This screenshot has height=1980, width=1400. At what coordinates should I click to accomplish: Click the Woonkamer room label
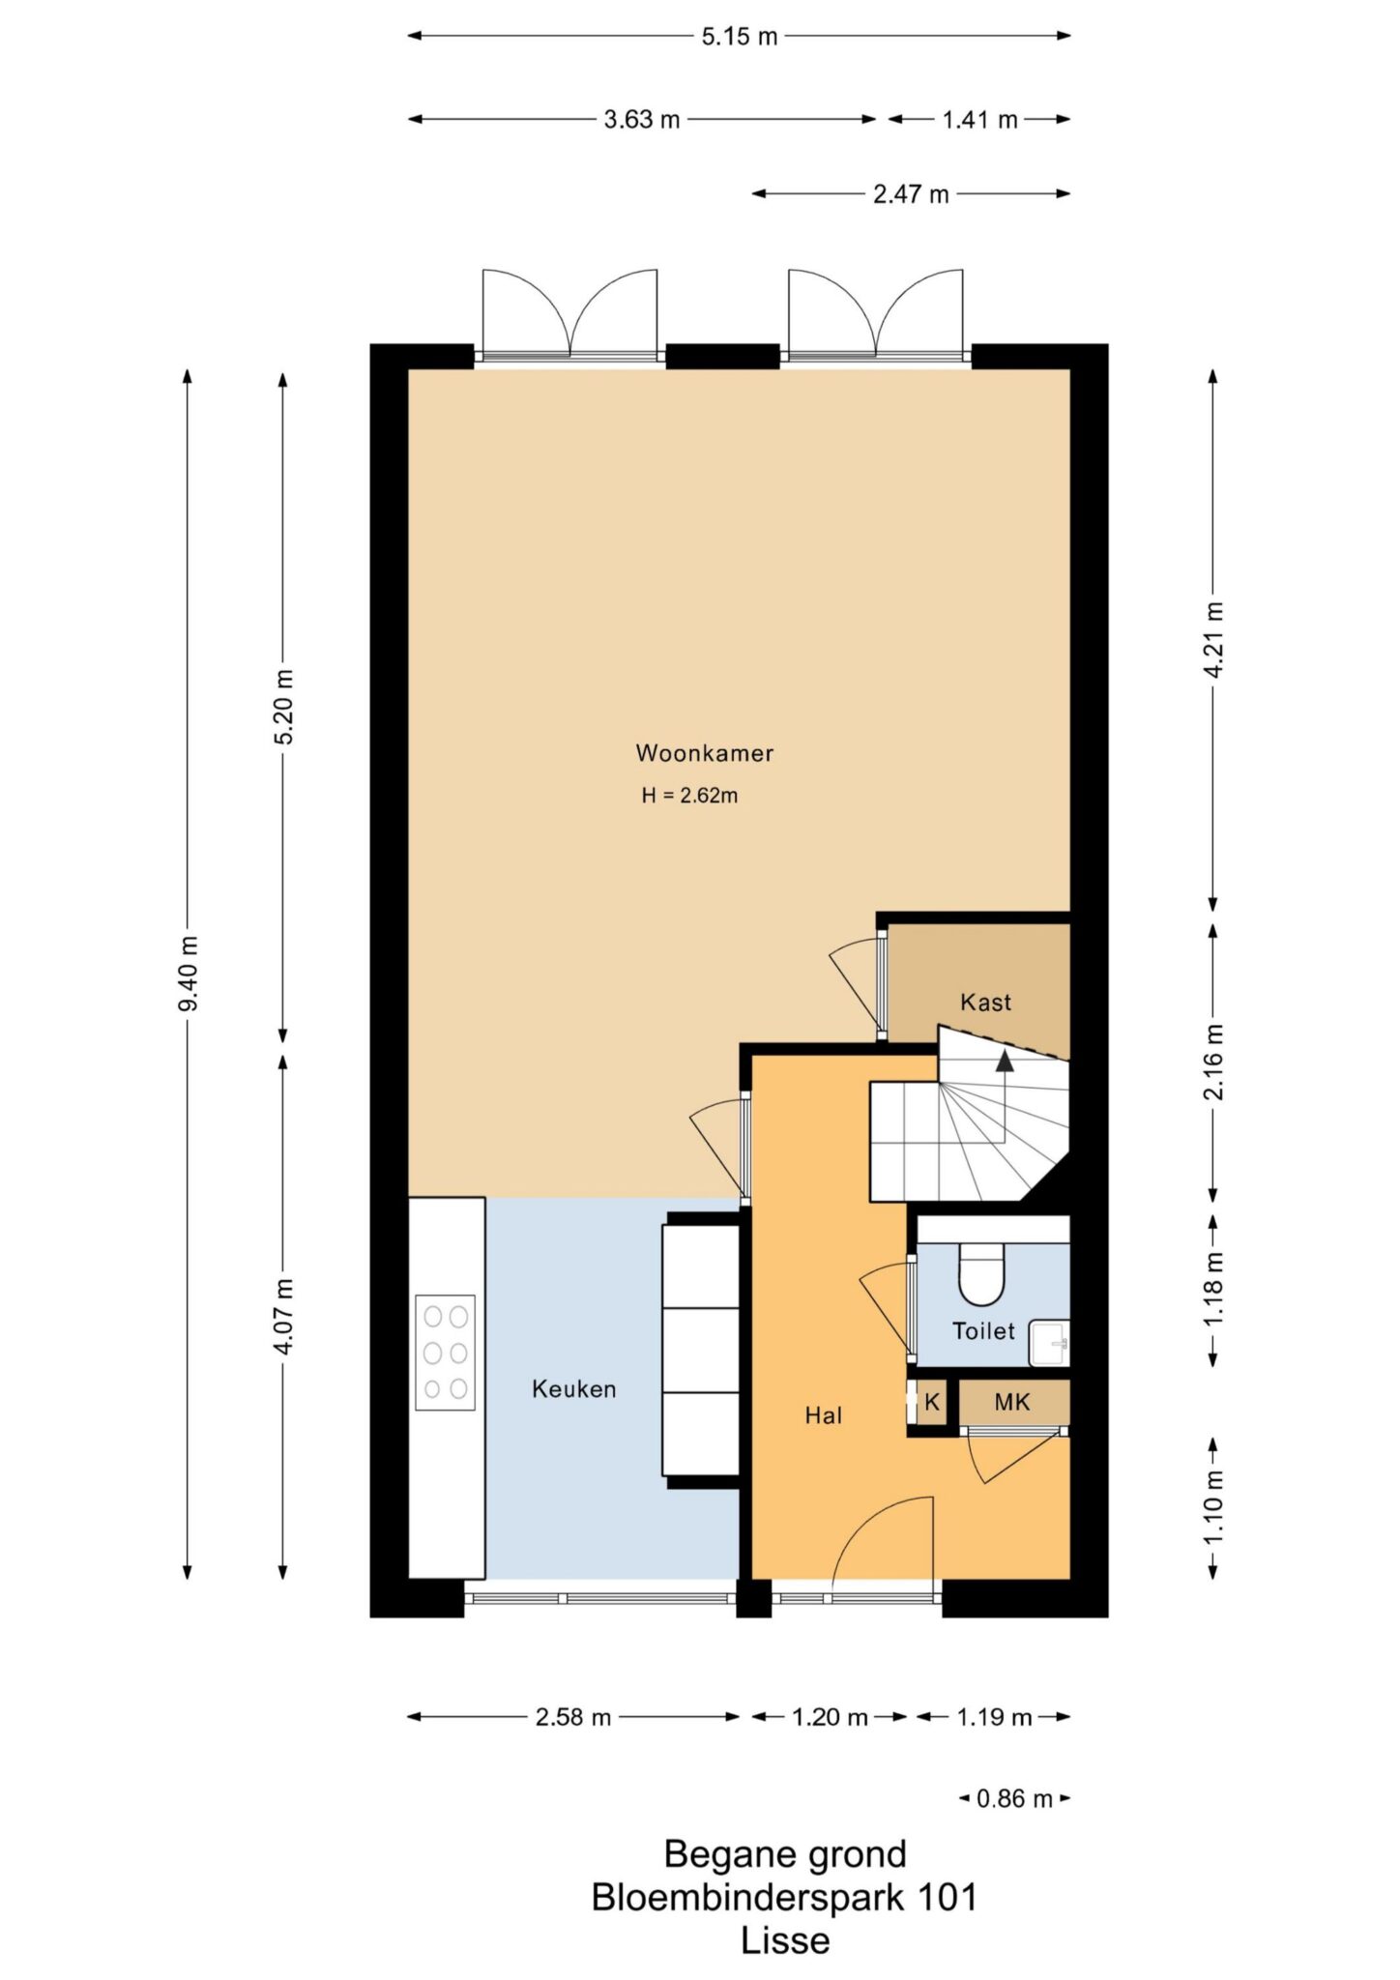click(x=704, y=753)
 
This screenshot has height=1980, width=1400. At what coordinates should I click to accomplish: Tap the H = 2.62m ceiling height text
click(x=689, y=796)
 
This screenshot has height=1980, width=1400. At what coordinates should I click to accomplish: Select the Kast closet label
click(x=985, y=1003)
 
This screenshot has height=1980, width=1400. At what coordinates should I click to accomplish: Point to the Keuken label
click(x=573, y=1389)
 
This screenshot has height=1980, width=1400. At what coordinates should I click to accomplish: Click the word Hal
click(x=824, y=1415)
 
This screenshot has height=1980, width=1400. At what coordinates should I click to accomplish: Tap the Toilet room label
click(x=983, y=1331)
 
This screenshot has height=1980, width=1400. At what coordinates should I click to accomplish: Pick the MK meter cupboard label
click(x=1012, y=1402)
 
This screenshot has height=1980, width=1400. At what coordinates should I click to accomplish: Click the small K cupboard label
click(x=932, y=1402)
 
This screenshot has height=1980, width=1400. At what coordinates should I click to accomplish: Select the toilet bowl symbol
click(x=981, y=1273)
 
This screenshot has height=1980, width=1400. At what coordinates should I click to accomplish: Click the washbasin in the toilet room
click(x=1049, y=1343)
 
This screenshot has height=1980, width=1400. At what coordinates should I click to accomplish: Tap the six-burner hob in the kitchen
click(x=446, y=1353)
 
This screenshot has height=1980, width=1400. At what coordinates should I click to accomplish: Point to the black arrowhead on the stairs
click(x=1006, y=1061)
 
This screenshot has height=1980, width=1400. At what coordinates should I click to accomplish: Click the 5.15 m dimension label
click(x=740, y=37)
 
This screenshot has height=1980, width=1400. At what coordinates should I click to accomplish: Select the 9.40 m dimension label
click(x=189, y=974)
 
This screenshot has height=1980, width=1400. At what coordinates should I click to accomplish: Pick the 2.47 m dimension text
click(x=911, y=194)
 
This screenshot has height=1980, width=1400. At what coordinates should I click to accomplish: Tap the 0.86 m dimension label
click(x=1014, y=1799)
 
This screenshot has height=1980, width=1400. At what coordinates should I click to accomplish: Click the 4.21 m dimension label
click(x=1214, y=640)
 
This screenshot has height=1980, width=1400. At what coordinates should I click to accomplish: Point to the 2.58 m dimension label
click(x=573, y=1717)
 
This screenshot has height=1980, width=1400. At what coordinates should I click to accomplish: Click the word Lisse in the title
click(x=785, y=1941)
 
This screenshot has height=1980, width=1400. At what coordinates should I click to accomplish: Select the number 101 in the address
click(x=948, y=1898)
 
